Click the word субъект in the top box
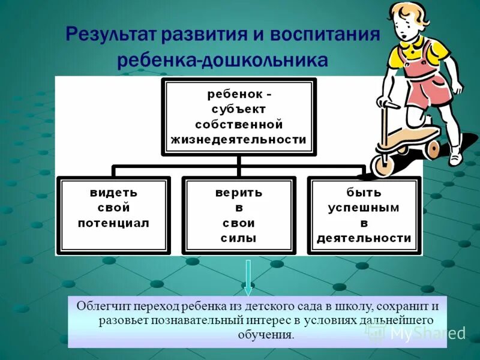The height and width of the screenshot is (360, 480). click(238, 109)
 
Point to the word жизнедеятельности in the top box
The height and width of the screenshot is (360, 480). click(238, 139)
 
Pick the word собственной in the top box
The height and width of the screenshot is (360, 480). click(238, 124)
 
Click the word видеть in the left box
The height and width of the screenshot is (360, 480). click(113, 193)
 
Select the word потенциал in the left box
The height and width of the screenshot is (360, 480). click(113, 223)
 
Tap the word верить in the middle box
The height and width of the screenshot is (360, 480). click(239, 193)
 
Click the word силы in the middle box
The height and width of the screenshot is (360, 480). click(239, 238)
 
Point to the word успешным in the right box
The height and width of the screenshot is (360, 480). click(364, 208)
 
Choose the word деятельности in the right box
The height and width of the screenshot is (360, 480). click(364, 238)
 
